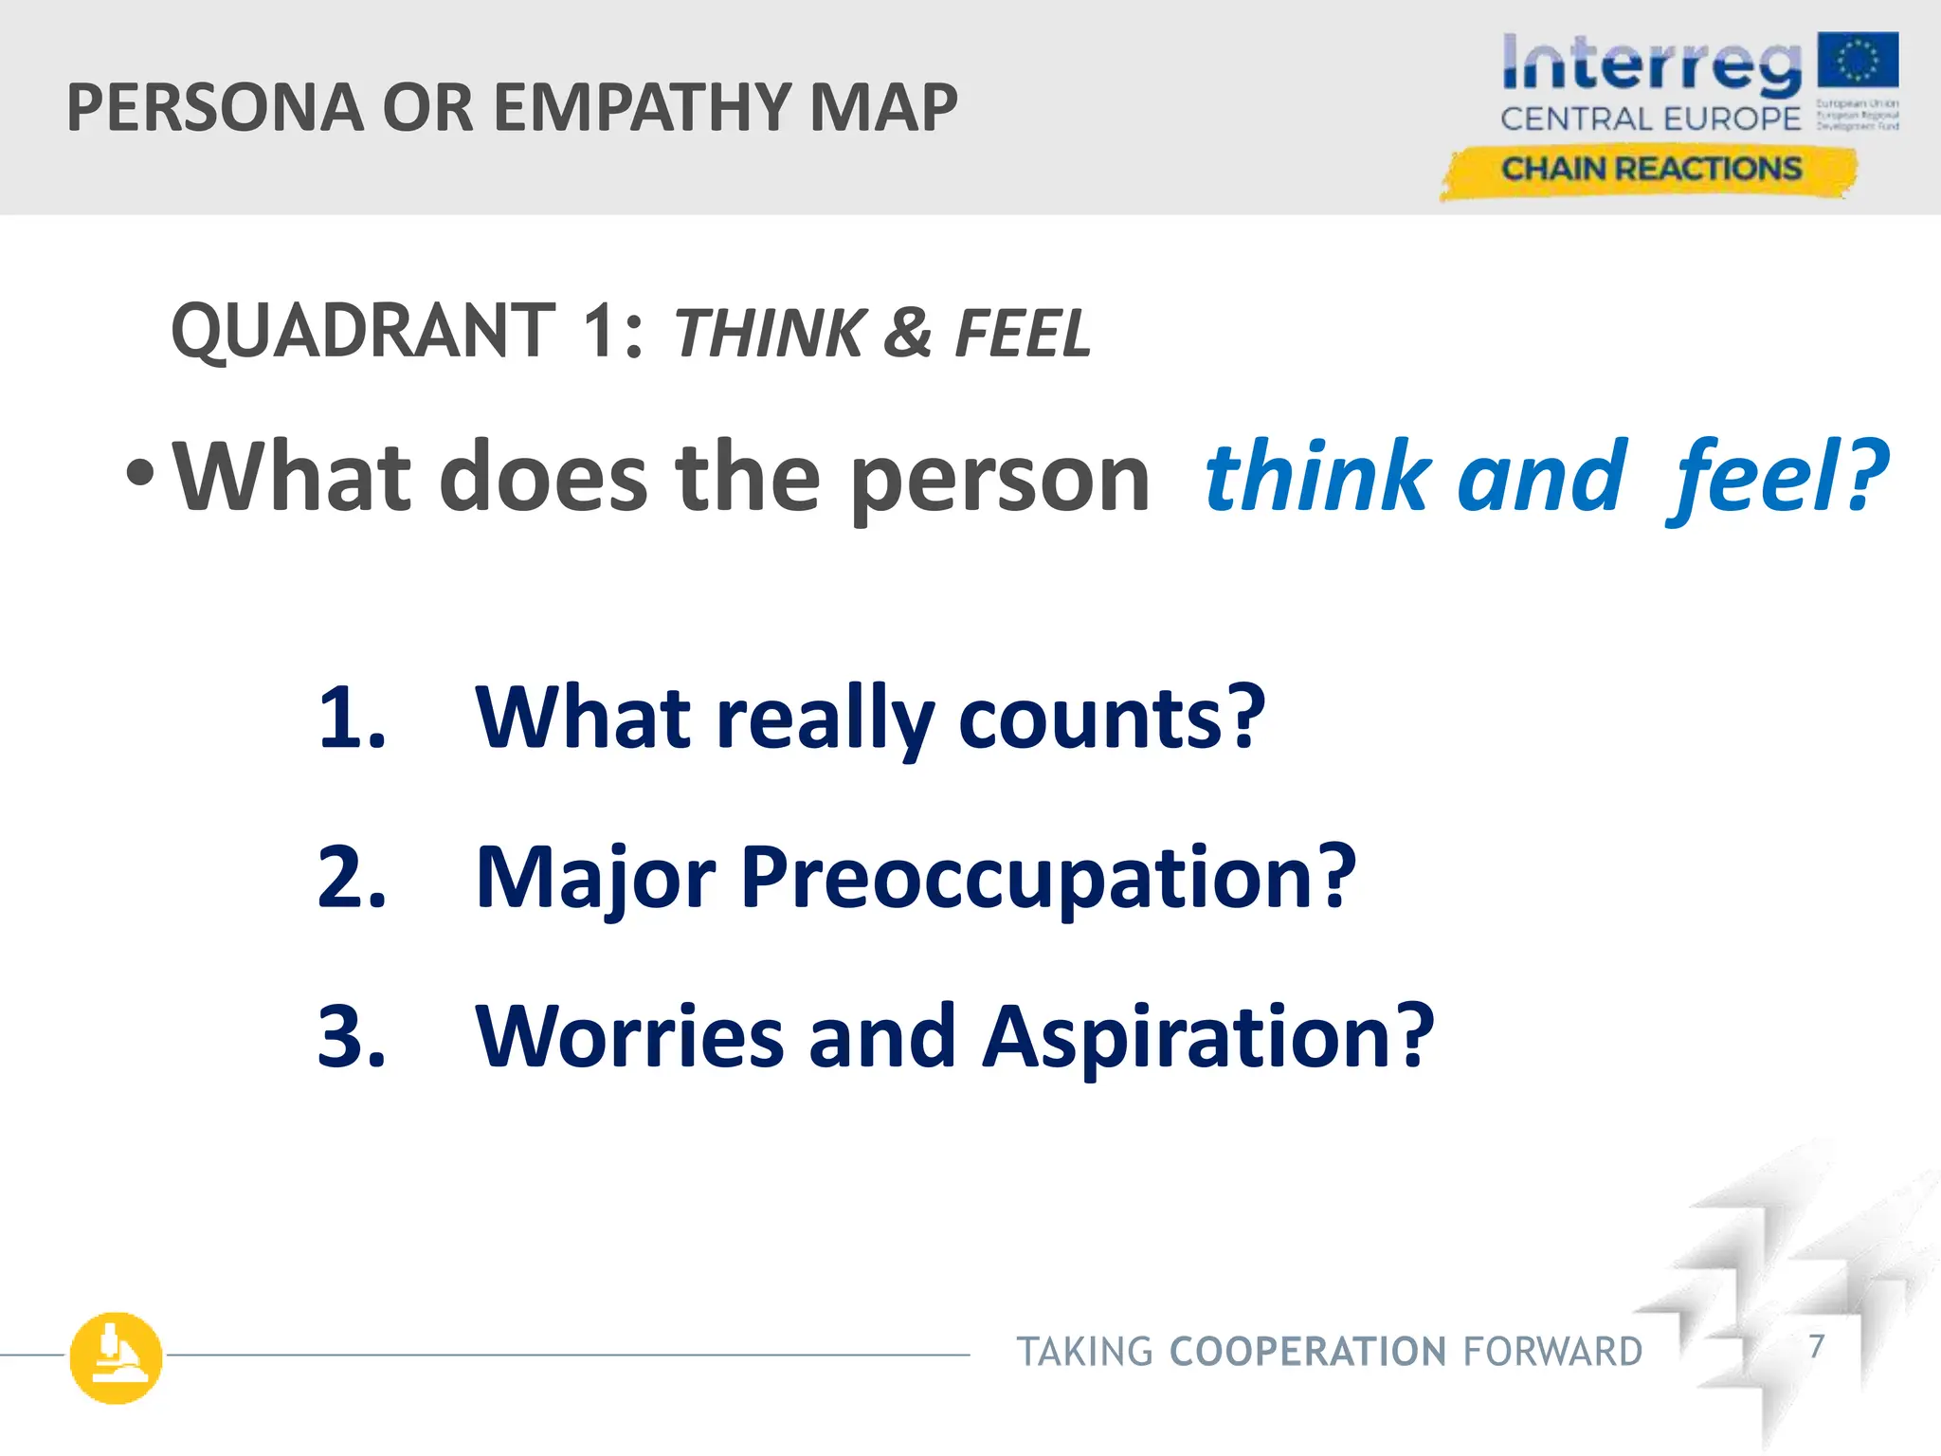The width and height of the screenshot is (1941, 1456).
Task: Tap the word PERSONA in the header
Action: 215,108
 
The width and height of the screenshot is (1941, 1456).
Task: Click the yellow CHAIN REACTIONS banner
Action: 1649,171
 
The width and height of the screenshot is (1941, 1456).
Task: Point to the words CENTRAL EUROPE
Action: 1650,119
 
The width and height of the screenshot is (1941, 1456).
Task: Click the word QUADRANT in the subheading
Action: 363,331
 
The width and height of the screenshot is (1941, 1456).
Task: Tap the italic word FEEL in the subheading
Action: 1023,334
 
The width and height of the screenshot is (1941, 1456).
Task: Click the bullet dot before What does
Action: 139,473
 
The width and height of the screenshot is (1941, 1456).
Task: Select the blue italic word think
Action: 1318,476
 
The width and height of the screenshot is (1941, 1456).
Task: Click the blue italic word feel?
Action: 1777,476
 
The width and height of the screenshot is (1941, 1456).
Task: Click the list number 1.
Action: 350,718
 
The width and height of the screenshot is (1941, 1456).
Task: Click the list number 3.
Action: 350,1037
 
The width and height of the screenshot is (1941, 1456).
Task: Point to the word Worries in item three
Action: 629,1037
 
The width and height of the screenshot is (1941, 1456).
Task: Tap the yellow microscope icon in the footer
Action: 116,1357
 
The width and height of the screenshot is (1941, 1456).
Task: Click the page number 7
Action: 1816,1346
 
